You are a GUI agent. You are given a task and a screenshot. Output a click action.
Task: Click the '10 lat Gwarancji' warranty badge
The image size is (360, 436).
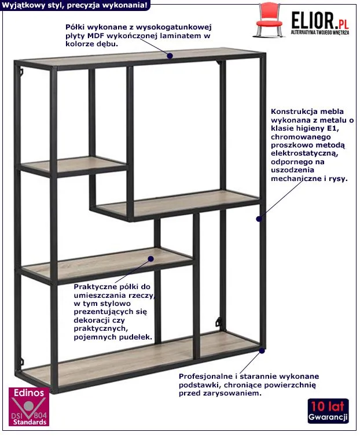[328, 411]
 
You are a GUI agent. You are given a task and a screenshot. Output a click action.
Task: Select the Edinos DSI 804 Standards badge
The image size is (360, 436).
[29, 407]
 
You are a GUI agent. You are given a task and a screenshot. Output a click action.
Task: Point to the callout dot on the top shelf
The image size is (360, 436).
[170, 56]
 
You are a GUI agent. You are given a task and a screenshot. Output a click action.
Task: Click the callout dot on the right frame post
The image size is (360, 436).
[259, 219]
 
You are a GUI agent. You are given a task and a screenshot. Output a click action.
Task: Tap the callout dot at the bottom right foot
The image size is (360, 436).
[262, 350]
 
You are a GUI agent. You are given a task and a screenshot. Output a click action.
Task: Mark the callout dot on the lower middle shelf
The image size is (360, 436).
[150, 259]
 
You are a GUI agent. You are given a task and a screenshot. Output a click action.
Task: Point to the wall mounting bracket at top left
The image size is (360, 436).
[21, 72]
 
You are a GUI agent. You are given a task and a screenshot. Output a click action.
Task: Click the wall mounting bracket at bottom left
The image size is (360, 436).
[21, 362]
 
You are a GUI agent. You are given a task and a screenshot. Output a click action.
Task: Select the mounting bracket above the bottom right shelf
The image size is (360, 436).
[219, 322]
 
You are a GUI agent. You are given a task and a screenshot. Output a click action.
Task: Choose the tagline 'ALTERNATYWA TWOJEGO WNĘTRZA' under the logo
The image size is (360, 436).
[320, 32]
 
